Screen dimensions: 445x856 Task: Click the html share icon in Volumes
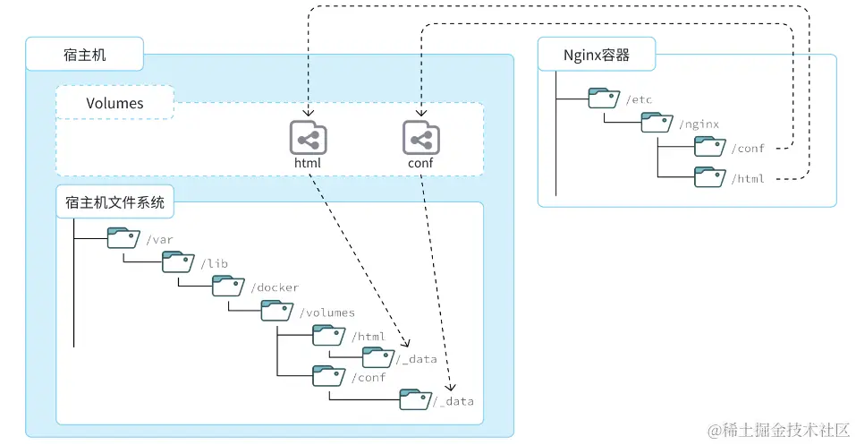[308, 139]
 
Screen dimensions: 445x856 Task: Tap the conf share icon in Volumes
[420, 139]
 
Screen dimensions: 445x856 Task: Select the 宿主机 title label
[86, 55]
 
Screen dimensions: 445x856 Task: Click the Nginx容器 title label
[597, 55]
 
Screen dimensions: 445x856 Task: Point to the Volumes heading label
[114, 103]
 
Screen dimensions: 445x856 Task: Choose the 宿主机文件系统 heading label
[115, 203]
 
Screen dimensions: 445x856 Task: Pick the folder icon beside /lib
[177, 261]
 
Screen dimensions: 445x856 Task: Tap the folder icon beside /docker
[228, 287]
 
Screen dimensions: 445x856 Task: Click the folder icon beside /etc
[605, 98]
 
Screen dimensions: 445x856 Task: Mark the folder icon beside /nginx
[657, 123]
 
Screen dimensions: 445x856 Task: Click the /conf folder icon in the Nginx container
[710, 147]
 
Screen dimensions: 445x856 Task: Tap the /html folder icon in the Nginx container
[710, 177]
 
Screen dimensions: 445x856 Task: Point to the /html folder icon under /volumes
[328, 336]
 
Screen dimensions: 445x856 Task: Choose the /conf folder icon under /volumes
[328, 376]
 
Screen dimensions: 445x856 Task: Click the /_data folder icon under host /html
[377, 358]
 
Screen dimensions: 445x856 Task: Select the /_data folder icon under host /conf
[415, 399]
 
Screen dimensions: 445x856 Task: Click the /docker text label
[275, 287]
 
